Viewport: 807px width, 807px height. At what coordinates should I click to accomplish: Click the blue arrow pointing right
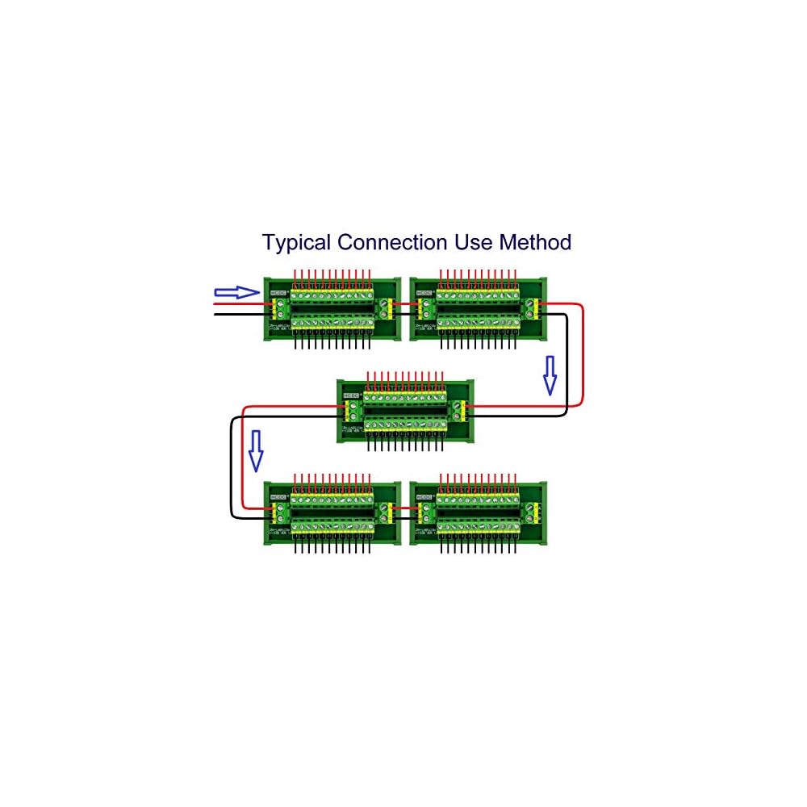pos(236,292)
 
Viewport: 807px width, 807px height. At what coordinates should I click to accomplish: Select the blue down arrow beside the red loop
pos(550,375)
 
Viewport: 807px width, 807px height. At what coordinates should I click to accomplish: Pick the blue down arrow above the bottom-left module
pos(256,450)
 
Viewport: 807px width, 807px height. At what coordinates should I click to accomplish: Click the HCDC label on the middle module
pos(351,395)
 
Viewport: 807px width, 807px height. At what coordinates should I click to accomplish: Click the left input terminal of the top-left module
pos(282,307)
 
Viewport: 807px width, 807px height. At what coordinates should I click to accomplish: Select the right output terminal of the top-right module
pos(531,307)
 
